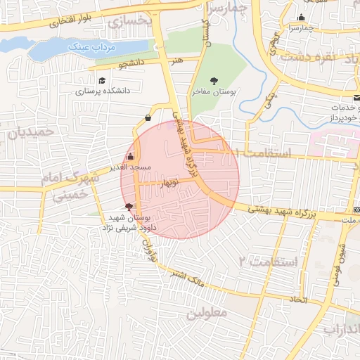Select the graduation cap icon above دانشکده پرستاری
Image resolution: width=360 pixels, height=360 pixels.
[102, 81]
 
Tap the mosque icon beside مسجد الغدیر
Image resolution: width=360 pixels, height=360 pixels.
[131, 156]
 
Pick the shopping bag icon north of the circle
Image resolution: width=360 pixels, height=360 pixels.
[148, 117]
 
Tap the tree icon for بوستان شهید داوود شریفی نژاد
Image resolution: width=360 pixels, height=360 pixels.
[128, 207]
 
